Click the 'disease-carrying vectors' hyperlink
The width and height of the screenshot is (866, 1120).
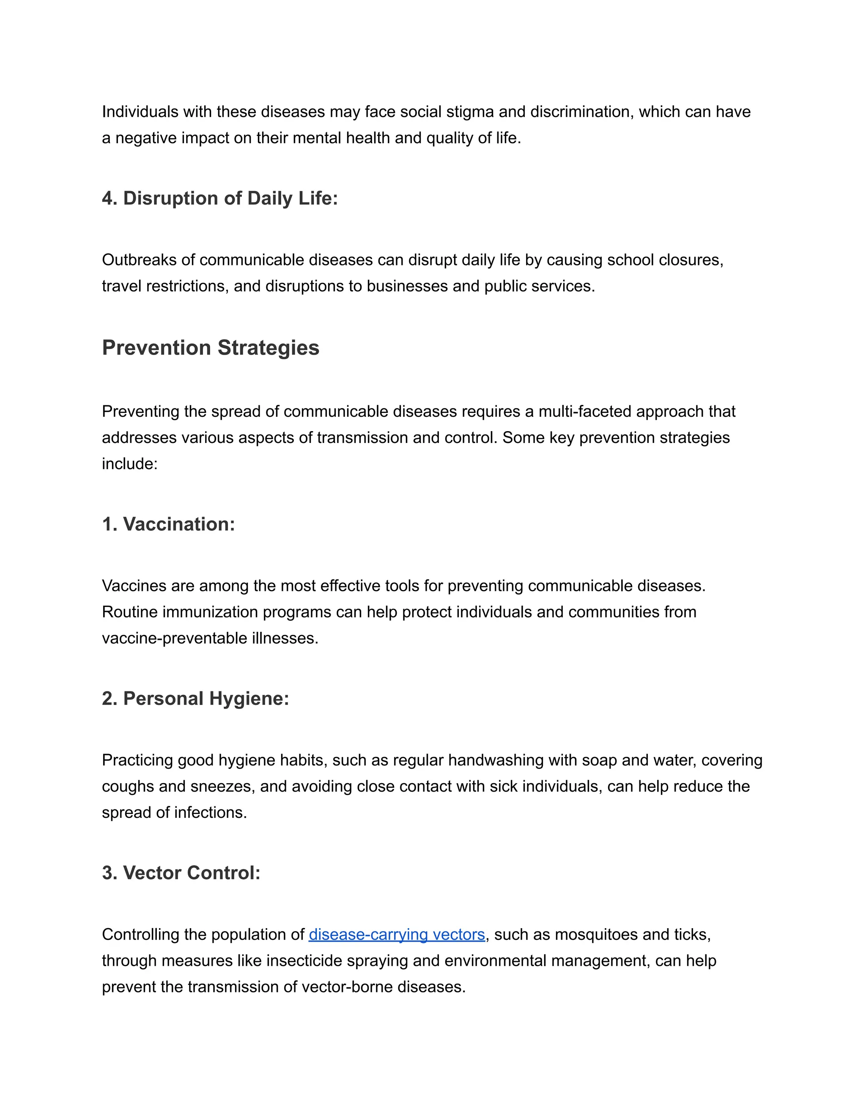pos(397,934)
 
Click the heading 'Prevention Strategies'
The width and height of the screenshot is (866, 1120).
pos(210,348)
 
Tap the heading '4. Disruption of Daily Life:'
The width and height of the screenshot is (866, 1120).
pos(219,199)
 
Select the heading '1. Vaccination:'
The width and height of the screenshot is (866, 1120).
pos(168,524)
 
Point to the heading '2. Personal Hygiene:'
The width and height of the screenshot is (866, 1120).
pos(195,699)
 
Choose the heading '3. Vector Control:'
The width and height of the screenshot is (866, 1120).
pos(181,873)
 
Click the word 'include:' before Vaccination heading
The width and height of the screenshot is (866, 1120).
pos(129,464)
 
